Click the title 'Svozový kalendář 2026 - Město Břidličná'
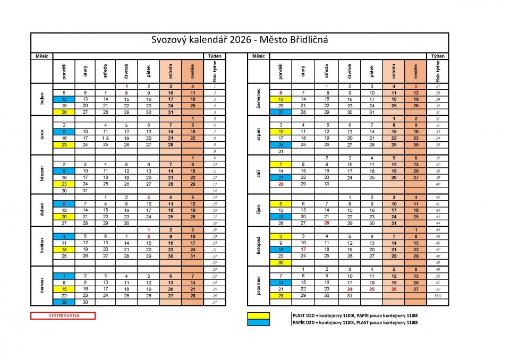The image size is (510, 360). click(240, 40)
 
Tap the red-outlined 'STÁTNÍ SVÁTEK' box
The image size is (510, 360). click(63, 315)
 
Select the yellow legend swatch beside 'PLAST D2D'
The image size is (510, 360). click(258, 315)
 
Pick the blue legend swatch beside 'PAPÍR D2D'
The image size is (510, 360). click(258, 322)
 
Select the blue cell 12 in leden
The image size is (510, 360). click(64, 99)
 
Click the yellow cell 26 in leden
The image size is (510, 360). click(64, 112)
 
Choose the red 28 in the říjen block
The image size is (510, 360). click(327, 224)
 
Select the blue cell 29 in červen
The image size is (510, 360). click(64, 302)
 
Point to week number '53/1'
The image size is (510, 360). click(438, 295)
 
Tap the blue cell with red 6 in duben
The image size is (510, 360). click(64, 204)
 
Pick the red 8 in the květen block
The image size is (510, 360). click(148, 236)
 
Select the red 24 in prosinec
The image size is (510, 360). click(349, 289)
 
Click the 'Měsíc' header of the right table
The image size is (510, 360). click(259, 56)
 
